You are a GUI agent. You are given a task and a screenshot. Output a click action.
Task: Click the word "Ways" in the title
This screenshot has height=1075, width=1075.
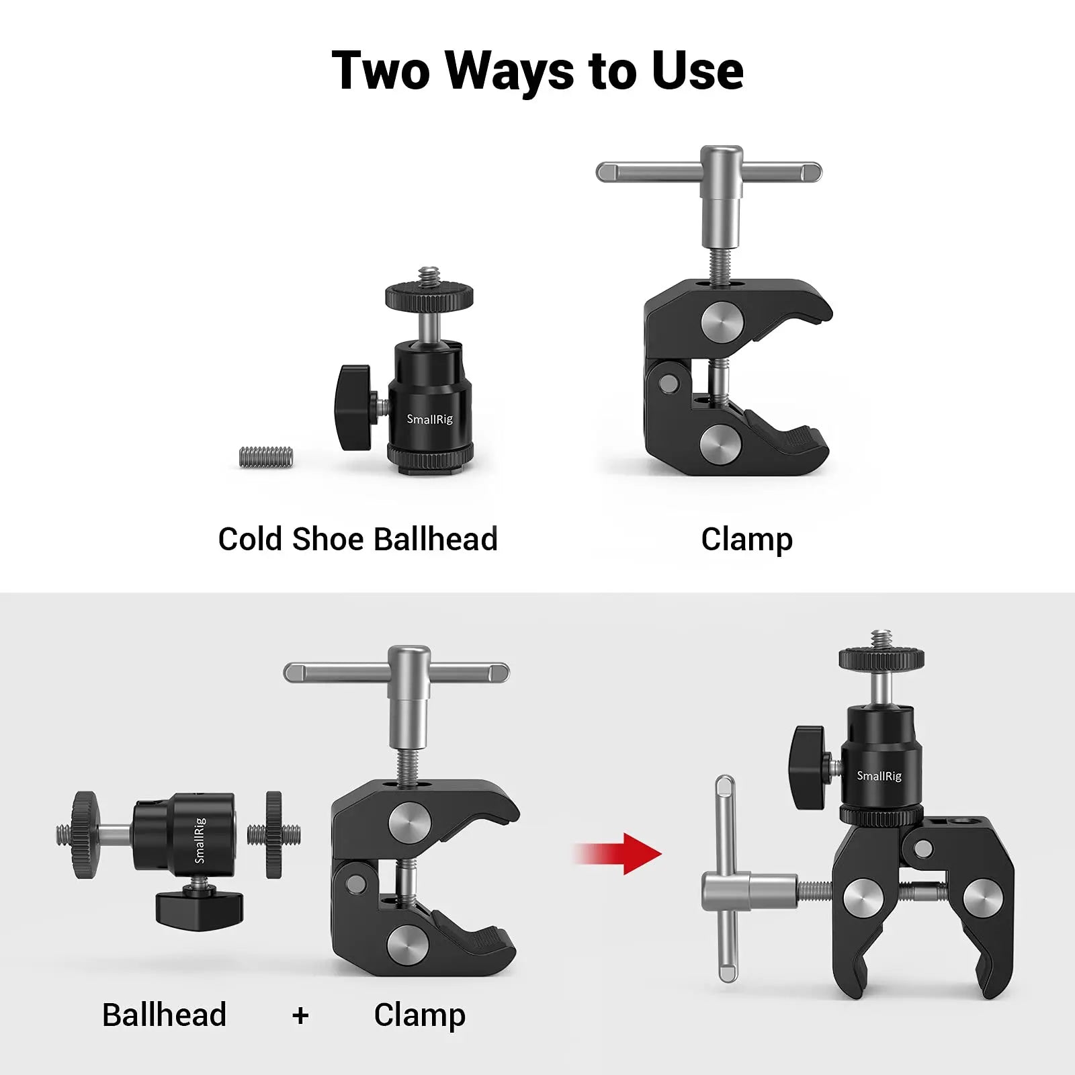(x=509, y=71)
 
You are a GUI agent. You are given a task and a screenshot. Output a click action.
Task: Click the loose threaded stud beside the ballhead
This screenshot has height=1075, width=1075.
(x=267, y=457)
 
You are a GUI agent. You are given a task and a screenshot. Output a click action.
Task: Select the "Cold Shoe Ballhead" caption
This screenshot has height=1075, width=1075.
(x=357, y=540)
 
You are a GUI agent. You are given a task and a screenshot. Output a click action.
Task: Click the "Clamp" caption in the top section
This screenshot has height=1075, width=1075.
(x=746, y=540)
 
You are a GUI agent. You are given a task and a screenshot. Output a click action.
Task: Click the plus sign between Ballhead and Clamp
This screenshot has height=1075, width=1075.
(x=300, y=1015)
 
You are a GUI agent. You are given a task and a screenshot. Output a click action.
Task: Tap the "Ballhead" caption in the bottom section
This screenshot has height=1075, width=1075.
(x=164, y=1015)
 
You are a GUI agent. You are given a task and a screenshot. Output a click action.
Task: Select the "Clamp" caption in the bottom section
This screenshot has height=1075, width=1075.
(x=419, y=1015)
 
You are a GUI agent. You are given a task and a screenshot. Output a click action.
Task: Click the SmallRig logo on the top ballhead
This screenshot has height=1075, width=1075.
(x=429, y=419)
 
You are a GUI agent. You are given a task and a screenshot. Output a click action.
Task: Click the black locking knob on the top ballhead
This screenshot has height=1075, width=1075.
(x=353, y=407)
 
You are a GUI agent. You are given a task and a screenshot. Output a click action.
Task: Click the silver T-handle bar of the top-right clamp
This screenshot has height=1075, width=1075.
(x=708, y=172)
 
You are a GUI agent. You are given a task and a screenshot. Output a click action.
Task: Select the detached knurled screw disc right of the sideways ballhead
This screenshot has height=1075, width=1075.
(x=273, y=834)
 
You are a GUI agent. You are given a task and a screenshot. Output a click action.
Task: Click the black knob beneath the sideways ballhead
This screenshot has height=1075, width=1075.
(x=200, y=907)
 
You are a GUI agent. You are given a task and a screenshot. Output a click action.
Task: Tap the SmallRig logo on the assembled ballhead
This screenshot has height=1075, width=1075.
(x=879, y=776)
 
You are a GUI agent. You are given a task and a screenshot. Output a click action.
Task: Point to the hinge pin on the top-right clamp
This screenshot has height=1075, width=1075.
(x=668, y=383)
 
